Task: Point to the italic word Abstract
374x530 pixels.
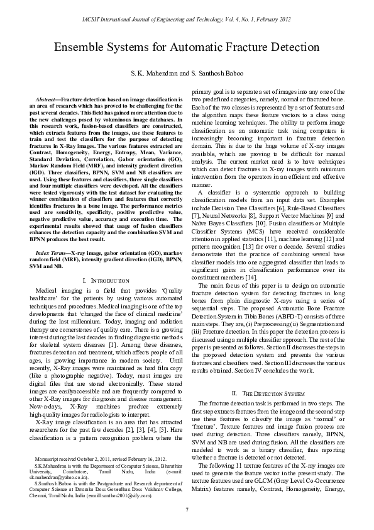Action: pyautogui.click(x=46, y=100)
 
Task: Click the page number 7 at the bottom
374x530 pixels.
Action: pyautogui.click(x=187, y=509)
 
